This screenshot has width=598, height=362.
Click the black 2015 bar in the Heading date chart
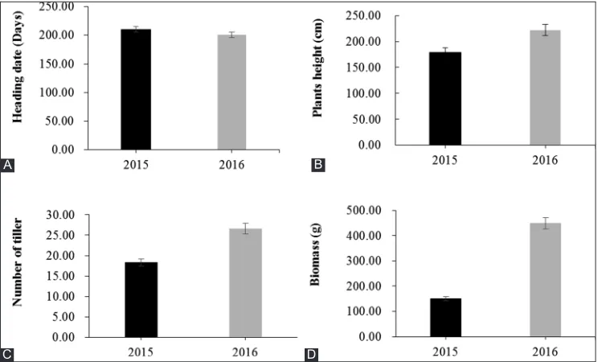click(x=136, y=89)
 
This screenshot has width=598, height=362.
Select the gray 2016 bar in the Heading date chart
click(x=231, y=92)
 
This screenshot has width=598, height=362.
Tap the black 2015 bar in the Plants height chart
click(x=445, y=98)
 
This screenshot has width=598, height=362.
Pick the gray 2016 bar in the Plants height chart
click(x=545, y=88)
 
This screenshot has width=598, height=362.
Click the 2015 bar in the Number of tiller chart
click(x=141, y=300)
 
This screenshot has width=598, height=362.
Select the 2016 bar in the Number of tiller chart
click(x=246, y=283)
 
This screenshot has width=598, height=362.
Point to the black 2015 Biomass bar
click(x=445, y=317)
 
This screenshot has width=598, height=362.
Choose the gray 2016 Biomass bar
click(x=546, y=280)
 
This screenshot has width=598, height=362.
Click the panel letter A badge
click(x=7, y=166)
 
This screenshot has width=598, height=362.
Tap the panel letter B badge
click(x=318, y=166)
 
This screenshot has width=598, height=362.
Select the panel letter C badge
click(x=7, y=355)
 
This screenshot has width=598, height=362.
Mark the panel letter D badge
click(x=311, y=355)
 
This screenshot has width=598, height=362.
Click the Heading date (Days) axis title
click(x=18, y=67)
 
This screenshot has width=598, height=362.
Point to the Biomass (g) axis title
click(x=314, y=255)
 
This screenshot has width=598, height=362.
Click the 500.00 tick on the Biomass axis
click(x=364, y=211)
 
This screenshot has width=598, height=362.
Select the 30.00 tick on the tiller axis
click(x=60, y=215)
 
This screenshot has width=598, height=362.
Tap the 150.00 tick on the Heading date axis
click(x=57, y=64)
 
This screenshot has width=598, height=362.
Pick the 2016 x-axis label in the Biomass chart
click(x=546, y=351)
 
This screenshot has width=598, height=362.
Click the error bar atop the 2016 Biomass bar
click(x=546, y=223)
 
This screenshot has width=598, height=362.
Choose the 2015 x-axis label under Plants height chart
click(x=444, y=159)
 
